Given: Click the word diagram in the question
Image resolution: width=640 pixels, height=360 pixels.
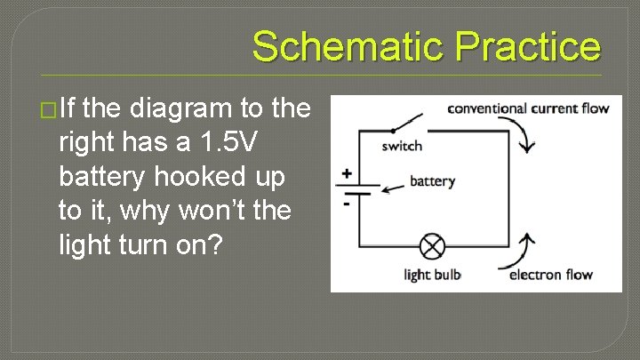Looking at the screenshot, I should (x=181, y=109).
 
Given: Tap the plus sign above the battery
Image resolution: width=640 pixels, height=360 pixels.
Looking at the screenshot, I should (x=345, y=174).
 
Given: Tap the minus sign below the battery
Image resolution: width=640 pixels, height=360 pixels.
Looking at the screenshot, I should (x=345, y=204).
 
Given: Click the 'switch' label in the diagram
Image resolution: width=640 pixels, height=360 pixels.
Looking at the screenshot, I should (x=402, y=146).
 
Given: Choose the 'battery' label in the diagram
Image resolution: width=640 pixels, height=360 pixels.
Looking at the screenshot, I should (x=432, y=181).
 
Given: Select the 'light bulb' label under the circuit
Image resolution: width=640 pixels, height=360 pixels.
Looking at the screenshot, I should (x=432, y=275).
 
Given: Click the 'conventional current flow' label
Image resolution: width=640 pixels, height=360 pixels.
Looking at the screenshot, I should (x=527, y=108).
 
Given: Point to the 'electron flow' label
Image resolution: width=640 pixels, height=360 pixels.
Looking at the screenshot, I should (x=550, y=275).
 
